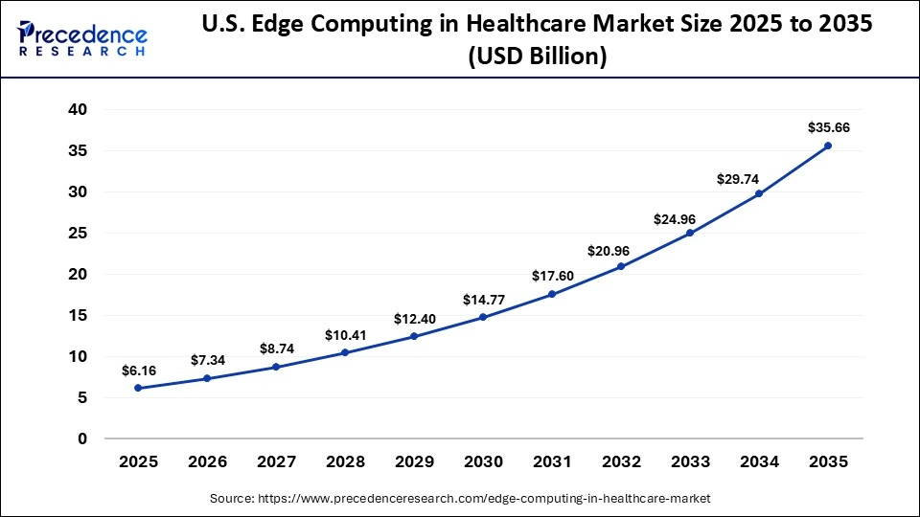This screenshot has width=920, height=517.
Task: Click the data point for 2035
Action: pos(828,146)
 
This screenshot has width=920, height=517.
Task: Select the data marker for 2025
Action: pos(138,388)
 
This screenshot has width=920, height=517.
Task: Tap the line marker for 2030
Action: pos(483,317)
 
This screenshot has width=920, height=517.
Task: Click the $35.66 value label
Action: pos(828,126)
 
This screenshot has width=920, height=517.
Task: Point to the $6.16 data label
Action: pos(138,370)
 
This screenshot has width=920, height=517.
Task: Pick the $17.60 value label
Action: pos(552,276)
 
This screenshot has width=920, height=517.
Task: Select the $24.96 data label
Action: pos(690,219)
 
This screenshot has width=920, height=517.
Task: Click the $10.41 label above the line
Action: pos(345,335)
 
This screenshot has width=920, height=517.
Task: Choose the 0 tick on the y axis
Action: pos(82,438)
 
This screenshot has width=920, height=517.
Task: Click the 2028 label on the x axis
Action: pos(345,461)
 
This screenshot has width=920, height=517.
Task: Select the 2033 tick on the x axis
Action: pos(690,461)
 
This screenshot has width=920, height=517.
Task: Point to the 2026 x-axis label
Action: pos(207,461)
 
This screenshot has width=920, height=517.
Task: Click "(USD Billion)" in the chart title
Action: pos(537,56)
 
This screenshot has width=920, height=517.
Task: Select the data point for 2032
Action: pos(621,266)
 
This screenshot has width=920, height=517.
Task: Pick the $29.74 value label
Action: pos(759,178)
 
